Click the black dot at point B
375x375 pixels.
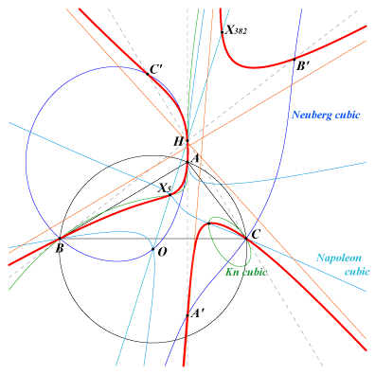(x=60, y=239)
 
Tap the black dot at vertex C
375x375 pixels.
(x=246, y=239)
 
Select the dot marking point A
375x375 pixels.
(x=187, y=162)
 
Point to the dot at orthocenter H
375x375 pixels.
(x=187, y=141)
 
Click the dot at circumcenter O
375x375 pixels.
(x=153, y=249)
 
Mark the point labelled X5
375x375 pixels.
(x=170, y=195)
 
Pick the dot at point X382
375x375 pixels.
(x=223, y=32)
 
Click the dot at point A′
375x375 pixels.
(x=187, y=315)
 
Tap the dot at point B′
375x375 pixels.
(x=295, y=59)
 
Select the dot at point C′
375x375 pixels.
(x=148, y=74)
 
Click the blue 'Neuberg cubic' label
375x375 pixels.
(x=326, y=115)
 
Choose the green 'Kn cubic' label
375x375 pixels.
(x=246, y=272)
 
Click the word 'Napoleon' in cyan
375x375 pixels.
(x=339, y=258)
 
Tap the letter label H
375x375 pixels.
(x=179, y=142)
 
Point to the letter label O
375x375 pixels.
(x=162, y=252)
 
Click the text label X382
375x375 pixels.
(x=236, y=30)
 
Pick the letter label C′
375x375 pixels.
(x=156, y=70)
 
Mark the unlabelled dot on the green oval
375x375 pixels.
(x=209, y=223)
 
